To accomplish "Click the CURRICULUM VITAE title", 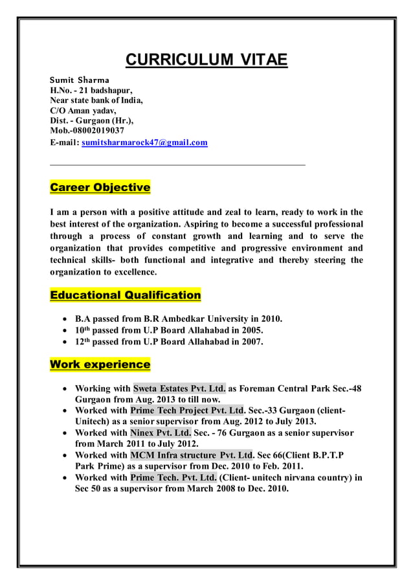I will coord(206,61).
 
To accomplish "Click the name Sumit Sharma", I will coord(80,80).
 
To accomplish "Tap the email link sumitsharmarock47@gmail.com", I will coord(144,142).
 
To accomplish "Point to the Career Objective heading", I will coord(100,188).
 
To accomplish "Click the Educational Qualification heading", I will coord(126,295).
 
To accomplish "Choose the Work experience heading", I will coord(100,365).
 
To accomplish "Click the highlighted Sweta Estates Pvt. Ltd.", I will coord(179,389).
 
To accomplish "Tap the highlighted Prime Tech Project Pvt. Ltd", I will coord(187,410).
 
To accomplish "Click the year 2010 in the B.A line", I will coord(271,319).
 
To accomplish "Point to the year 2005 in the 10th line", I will coord(251,330).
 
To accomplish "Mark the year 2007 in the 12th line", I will coord(251,342).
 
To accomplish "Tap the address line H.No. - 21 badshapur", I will coord(91,90).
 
